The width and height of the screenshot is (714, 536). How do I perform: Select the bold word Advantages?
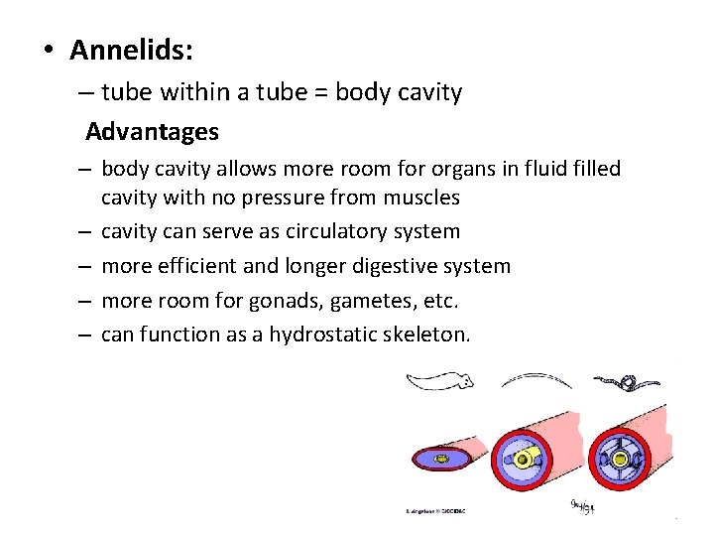click(x=152, y=131)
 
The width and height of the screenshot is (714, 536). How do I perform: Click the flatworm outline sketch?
click(x=441, y=380)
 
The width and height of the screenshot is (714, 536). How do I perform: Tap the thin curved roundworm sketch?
click(x=535, y=378)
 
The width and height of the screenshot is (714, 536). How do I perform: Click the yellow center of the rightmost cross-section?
click(x=622, y=460)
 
